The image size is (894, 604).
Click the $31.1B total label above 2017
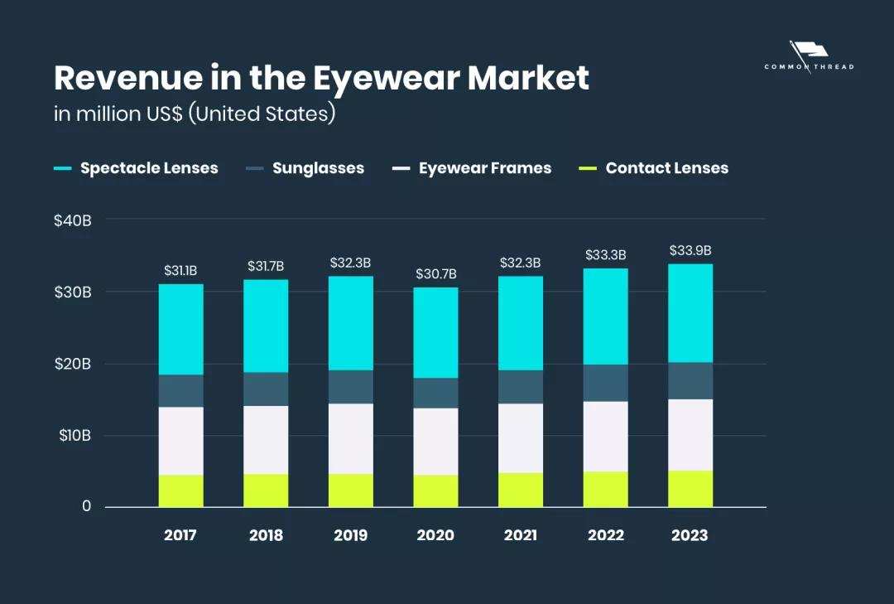180,271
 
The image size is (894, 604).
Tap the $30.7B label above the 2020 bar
435,274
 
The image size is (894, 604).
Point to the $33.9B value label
690,251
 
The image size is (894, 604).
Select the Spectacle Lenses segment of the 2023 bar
690,313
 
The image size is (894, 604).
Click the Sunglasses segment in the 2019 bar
350,387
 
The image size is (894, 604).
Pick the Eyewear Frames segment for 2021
521,438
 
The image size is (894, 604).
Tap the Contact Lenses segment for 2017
180,490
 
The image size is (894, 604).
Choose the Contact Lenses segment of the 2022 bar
605,489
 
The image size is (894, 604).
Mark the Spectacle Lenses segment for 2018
266,326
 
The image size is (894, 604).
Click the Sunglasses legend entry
318,168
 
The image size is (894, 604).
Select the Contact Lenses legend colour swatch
587,169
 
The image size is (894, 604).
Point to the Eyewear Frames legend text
484,168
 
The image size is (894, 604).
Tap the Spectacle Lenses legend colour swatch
62,169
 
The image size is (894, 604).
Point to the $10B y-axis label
74,435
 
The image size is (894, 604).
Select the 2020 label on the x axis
435,535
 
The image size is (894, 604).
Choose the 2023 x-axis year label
690,535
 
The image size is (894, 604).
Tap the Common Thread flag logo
808,51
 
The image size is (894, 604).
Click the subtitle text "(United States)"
262,114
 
